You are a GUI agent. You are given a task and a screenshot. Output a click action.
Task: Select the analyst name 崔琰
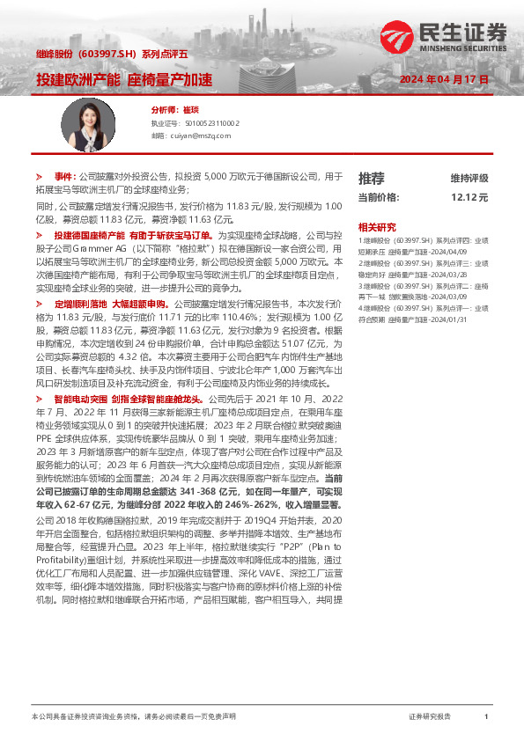pyautogui.click(x=190, y=111)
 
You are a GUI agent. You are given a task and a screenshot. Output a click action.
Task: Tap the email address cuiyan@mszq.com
pyautogui.click(x=197, y=136)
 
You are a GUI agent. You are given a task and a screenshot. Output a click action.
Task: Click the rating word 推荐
pyautogui.click(x=372, y=177)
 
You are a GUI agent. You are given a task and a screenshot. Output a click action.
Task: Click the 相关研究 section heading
pyautogui.click(x=376, y=226)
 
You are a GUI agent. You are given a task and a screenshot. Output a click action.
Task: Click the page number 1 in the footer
pyautogui.click(x=486, y=717)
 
